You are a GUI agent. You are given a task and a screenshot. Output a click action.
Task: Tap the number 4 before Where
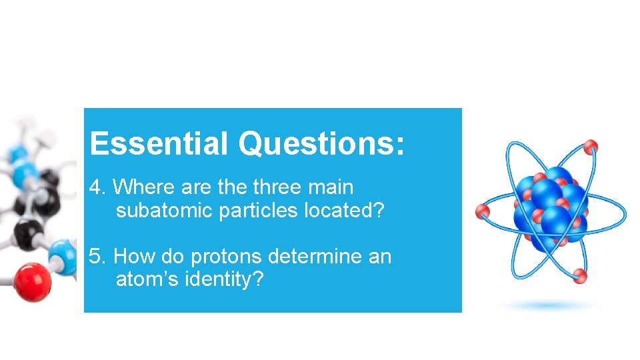tap(95, 187)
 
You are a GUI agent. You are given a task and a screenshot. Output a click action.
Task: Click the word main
tap(331, 187)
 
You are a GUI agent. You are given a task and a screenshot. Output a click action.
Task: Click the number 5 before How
tap(95, 256)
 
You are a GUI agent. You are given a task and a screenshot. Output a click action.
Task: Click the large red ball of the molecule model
tap(31, 281)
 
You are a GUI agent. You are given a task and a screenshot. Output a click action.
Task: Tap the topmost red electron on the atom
tap(591, 146)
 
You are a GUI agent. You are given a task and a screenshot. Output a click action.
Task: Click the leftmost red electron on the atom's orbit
tap(482, 212)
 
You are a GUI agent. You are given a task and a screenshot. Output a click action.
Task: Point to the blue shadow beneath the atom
tap(550, 305)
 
